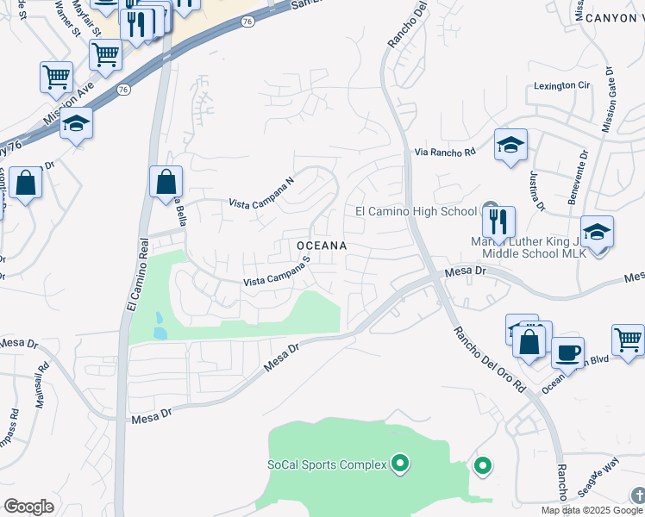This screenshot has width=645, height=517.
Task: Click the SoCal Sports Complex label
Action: coord(326,465)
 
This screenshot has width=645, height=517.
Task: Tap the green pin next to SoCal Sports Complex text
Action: coord(399,465)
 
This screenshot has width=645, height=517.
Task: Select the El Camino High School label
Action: coord(416,211)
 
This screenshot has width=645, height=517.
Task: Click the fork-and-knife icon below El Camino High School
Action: coord(498,221)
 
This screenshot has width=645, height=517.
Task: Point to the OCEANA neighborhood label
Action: coord(322,246)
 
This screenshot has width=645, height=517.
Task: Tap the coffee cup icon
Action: coord(567,352)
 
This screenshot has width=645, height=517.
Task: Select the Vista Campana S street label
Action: coord(276,275)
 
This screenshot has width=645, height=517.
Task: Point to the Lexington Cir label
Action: coord(561,85)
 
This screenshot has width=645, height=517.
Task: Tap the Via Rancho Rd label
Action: coord(445,152)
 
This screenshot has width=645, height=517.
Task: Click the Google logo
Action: coord(29,507)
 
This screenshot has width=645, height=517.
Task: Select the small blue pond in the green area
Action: coord(160,326)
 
